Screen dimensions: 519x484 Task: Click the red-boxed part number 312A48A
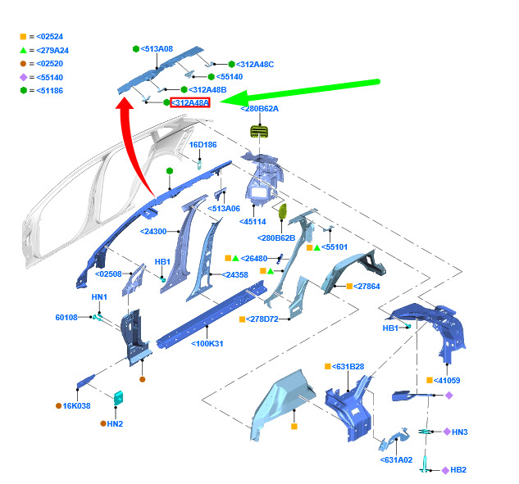(x=190, y=103)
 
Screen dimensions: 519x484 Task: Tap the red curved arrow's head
(x=124, y=102)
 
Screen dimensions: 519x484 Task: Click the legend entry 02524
(x=50, y=37)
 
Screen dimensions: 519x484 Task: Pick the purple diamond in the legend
(x=23, y=77)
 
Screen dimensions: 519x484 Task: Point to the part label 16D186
(x=203, y=145)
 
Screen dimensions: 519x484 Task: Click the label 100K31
(x=207, y=344)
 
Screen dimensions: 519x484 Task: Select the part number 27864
(x=366, y=287)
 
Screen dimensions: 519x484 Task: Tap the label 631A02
(x=397, y=460)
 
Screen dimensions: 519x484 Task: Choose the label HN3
(x=460, y=432)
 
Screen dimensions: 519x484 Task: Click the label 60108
(x=66, y=318)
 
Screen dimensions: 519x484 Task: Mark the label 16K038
(x=76, y=406)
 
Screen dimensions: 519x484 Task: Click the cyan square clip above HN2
(x=119, y=398)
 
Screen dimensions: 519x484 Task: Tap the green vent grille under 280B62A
(x=259, y=132)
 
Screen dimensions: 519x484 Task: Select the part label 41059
(x=447, y=381)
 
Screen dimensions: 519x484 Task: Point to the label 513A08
(x=157, y=49)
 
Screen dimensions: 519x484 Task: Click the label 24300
(x=153, y=232)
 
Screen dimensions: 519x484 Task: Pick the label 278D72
(x=262, y=319)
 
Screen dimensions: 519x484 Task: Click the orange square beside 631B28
(x=328, y=366)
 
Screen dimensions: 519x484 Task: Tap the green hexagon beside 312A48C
(x=232, y=64)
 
